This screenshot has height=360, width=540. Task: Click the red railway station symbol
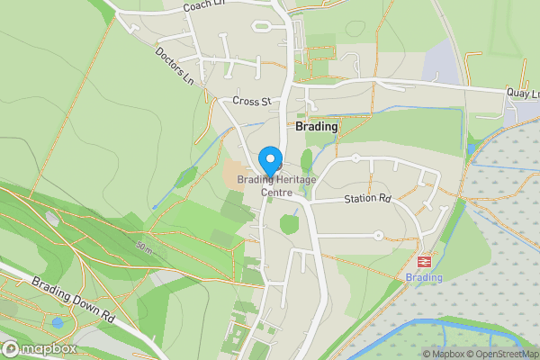[423, 261]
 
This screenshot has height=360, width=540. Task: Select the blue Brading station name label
[424, 277]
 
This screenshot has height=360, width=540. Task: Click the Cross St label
[251, 102]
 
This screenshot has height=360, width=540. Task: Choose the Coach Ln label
[202, 6]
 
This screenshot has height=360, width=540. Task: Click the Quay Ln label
[523, 94]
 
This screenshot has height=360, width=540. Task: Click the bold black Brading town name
[317, 127]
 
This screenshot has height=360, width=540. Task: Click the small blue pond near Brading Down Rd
[58, 322]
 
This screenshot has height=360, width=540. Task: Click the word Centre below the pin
[277, 192]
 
